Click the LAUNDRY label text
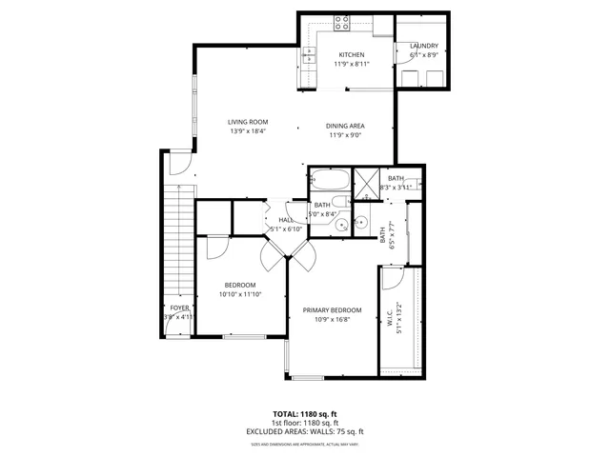[x=423, y=46]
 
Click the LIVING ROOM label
[x=247, y=121]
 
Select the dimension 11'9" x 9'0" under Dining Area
[x=346, y=135]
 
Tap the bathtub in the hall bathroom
[x=328, y=179]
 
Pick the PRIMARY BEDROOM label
[x=332, y=310]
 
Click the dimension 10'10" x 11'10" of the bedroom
[x=240, y=294]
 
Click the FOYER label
[x=179, y=308]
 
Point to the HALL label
[x=285, y=220]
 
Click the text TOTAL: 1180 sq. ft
[x=305, y=414]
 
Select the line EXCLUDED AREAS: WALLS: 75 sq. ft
[x=305, y=431]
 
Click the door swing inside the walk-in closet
[x=391, y=278]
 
